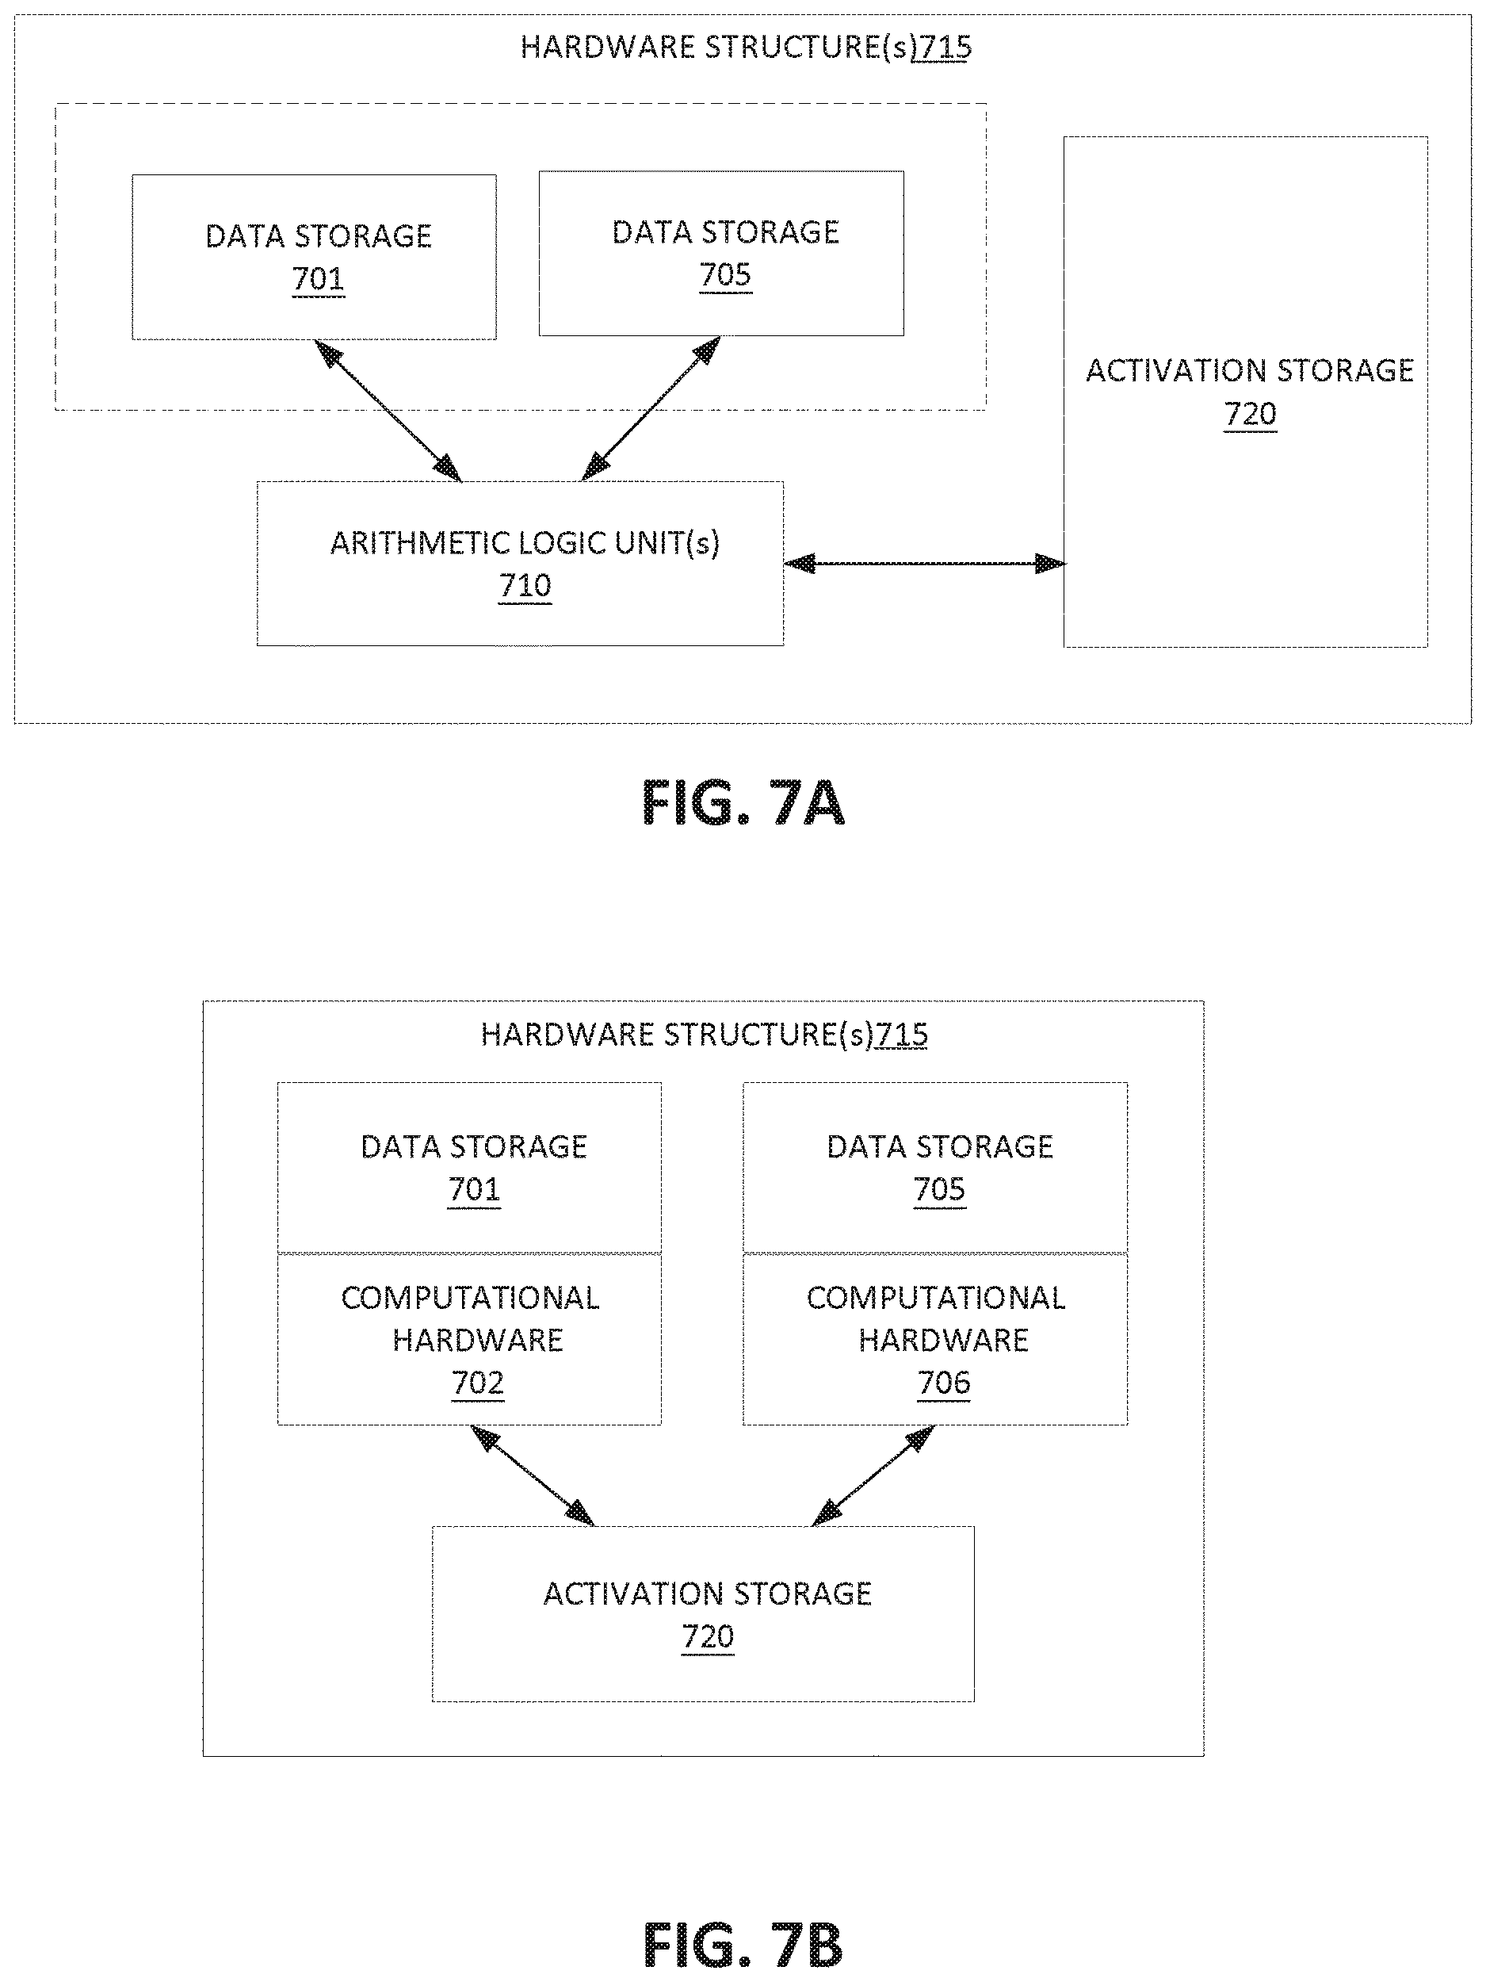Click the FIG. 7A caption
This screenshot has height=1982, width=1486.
click(x=743, y=802)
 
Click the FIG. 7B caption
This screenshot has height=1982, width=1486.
click(x=743, y=1946)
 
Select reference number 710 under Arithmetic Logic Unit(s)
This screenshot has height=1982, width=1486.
click(x=525, y=585)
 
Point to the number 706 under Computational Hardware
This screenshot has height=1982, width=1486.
click(x=943, y=1383)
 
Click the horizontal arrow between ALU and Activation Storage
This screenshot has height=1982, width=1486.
click(x=924, y=564)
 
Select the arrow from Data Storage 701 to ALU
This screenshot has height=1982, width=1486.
click(x=388, y=411)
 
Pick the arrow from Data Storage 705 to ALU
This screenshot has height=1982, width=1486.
click(x=651, y=408)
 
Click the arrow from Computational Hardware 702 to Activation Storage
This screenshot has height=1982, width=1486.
click(x=532, y=1475)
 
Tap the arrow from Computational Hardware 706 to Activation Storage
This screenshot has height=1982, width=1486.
click(x=873, y=1475)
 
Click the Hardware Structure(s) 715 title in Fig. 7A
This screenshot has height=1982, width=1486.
click(x=746, y=47)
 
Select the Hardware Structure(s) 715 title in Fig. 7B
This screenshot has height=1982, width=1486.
click(x=704, y=1034)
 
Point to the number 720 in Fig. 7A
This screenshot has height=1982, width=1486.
click(x=1251, y=414)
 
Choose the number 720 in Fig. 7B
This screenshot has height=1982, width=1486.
click(x=708, y=1636)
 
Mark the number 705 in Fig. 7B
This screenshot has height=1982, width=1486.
click(x=940, y=1189)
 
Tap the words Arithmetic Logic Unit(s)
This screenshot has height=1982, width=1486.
click(x=525, y=543)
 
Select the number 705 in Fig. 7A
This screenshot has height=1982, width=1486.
click(x=725, y=274)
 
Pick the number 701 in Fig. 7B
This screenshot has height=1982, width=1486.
click(x=474, y=1189)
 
